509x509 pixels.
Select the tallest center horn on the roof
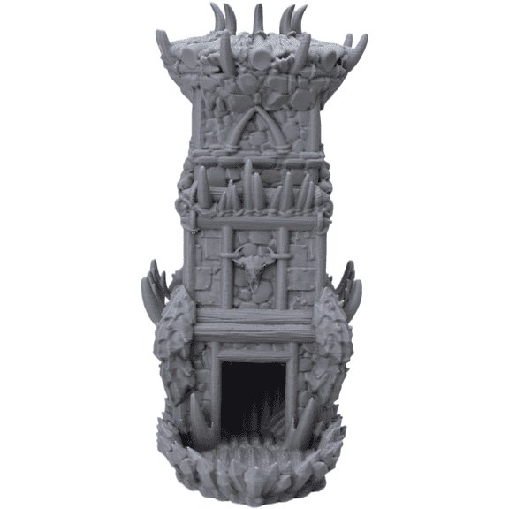(257, 19)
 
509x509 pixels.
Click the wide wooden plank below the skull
(254, 323)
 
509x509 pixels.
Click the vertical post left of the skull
(226, 265)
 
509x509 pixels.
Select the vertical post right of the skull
(283, 265)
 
